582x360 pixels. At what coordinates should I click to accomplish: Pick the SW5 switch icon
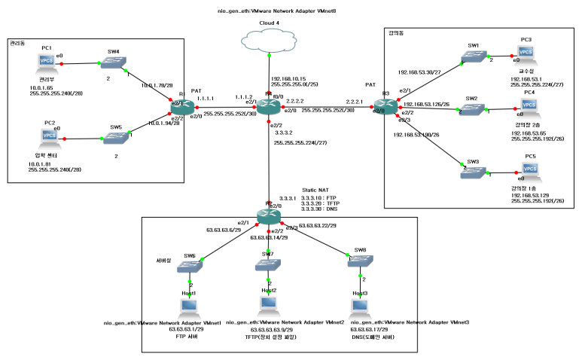tap(115, 139)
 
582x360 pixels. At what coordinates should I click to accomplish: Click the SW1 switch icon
tap(473, 57)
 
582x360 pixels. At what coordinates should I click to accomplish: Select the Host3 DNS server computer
tap(360, 307)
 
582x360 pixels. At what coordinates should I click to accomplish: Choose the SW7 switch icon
tap(268, 265)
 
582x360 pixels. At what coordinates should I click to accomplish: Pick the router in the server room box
tap(268, 215)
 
